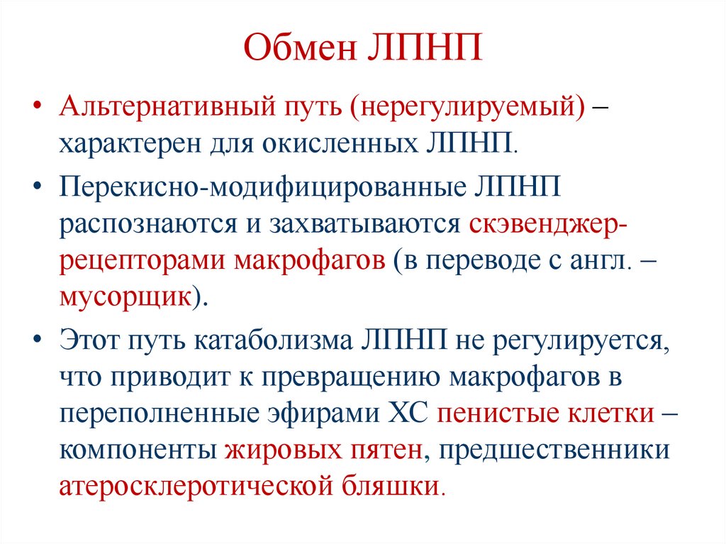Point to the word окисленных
pos(344,143)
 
